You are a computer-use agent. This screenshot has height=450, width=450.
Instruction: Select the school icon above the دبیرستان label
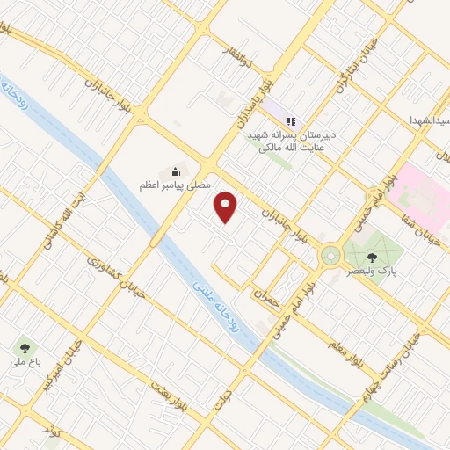(291, 121)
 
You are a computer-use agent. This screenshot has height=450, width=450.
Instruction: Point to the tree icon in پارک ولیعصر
(372, 257)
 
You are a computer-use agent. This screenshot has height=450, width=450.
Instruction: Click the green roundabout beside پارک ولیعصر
(330, 256)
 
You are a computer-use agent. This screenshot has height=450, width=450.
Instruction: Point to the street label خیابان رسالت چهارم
(392, 368)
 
